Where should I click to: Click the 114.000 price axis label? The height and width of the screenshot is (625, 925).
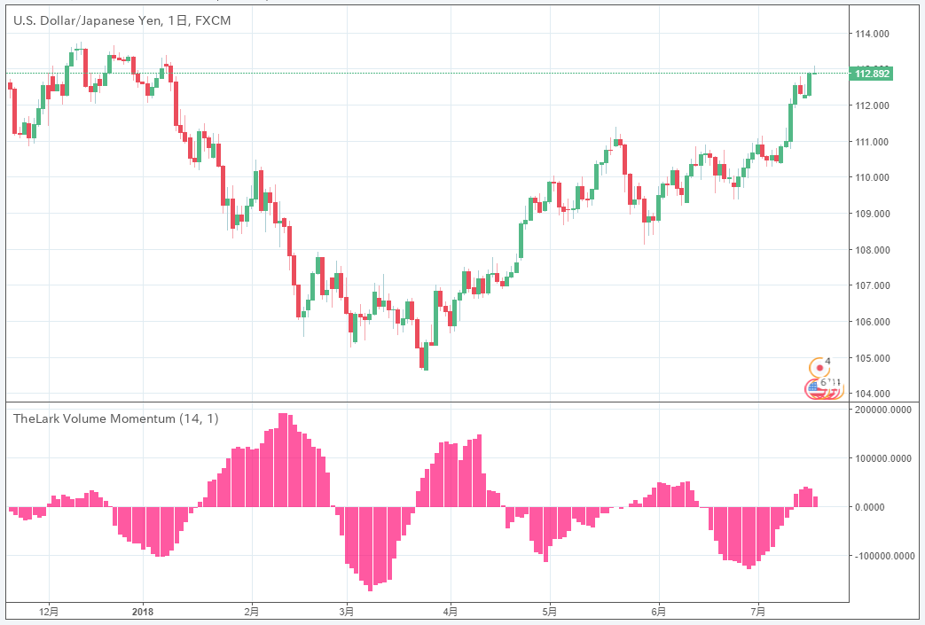tap(871, 34)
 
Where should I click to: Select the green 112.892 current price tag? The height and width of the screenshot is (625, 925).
tap(870, 74)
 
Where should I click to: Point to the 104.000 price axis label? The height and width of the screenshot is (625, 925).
tap(871, 394)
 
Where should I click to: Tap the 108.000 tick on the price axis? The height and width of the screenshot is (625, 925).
tap(871, 250)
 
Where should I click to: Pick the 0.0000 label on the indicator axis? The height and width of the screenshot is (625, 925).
tap(871, 507)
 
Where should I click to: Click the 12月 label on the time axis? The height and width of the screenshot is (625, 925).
tap(50, 612)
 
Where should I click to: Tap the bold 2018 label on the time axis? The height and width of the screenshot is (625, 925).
tap(142, 612)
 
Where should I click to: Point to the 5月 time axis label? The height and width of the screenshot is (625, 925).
tap(550, 612)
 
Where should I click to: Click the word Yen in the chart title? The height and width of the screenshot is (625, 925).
tap(147, 20)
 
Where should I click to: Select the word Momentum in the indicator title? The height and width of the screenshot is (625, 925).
tap(145, 418)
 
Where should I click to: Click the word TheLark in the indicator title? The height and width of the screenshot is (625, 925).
tap(33, 418)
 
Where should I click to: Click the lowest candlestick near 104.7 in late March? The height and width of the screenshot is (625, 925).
tap(425, 356)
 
